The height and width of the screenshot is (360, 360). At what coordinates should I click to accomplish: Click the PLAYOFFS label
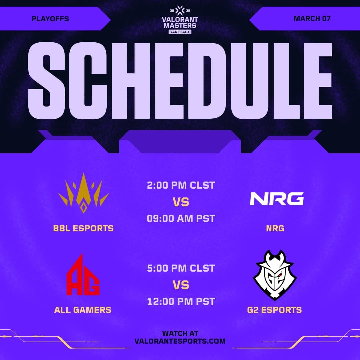click(50, 19)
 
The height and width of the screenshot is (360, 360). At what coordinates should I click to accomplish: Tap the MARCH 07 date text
click(312, 18)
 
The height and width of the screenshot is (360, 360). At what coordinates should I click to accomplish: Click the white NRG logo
click(277, 199)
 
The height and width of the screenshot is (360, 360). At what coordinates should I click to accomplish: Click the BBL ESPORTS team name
click(83, 228)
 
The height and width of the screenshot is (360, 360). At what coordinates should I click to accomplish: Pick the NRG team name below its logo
click(275, 228)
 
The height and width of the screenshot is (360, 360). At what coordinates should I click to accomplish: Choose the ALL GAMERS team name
click(83, 310)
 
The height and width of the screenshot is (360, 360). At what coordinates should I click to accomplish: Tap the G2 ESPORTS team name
click(275, 310)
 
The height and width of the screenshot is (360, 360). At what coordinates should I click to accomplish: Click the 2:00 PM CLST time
click(181, 185)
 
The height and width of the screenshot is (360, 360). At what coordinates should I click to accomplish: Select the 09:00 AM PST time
click(181, 219)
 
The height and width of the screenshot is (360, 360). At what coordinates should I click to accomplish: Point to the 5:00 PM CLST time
click(181, 268)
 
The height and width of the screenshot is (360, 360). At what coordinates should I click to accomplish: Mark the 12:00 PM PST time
click(181, 302)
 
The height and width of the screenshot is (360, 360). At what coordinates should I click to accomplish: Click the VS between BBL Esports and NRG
click(181, 202)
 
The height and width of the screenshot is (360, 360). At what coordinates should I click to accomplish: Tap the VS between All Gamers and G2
click(181, 285)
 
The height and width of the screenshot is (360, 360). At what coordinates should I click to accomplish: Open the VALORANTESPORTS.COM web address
click(180, 341)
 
